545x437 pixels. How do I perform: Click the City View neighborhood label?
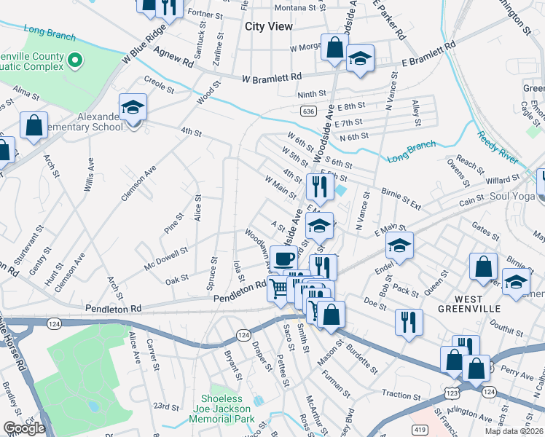point(269,26)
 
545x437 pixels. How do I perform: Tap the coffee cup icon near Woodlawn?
point(283,259)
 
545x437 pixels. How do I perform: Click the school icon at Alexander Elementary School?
point(133,109)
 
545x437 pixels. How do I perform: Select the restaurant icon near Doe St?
point(409,321)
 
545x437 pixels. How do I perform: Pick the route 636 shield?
point(307,111)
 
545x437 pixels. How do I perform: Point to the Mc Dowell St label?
point(166,259)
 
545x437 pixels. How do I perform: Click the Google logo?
point(24,428)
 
